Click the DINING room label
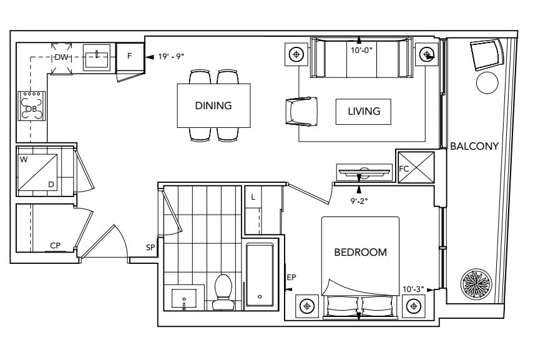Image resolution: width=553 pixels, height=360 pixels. [213, 105]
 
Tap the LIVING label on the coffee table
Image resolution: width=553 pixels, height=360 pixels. [364, 112]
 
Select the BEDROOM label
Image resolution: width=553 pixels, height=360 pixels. [360, 252]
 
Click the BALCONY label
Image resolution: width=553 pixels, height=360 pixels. [474, 146]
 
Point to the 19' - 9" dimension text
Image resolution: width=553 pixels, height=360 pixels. [171, 56]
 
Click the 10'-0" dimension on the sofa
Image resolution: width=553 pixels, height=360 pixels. [361, 50]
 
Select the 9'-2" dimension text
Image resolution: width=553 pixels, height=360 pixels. [359, 202]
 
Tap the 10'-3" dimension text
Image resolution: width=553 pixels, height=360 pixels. [413, 289]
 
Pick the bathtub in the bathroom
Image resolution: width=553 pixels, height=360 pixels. [260, 275]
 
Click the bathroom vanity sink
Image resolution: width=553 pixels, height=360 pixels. [184, 299]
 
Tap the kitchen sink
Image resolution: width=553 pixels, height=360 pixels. [97, 57]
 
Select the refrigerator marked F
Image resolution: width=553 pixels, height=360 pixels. [130, 57]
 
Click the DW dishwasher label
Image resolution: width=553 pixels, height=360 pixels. [61, 57]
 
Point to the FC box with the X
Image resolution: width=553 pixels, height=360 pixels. [416, 167]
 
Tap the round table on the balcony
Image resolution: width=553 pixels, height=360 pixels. [487, 83]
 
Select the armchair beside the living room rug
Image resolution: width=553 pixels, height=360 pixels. [301, 112]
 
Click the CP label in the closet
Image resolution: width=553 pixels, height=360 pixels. [55, 245]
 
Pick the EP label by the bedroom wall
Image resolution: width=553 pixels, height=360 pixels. [291, 278]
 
